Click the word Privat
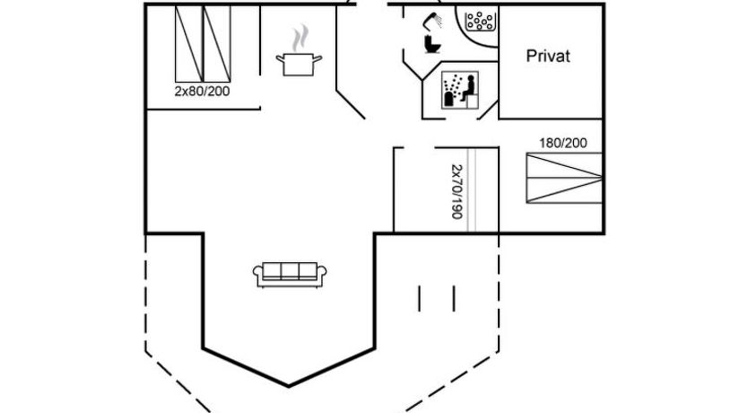click(547, 57)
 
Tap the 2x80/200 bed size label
click(202, 91)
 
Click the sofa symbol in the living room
click(288, 274)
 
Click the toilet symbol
click(431, 43)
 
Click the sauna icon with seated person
click(458, 91)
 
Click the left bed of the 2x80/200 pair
click(188, 43)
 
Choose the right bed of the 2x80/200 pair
click(218, 43)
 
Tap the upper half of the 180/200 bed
click(563, 164)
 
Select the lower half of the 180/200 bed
click(563, 189)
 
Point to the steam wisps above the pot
click(300, 38)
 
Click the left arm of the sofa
click(258, 276)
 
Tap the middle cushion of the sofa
click(288, 271)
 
